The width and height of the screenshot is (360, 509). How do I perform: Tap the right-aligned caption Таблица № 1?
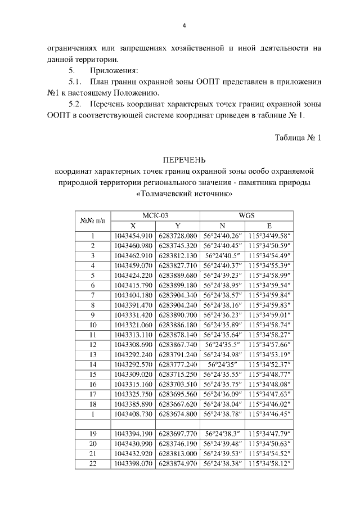point(298,138)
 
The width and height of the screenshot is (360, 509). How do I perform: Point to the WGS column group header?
point(246,215)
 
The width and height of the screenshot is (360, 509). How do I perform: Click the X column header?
point(133,225)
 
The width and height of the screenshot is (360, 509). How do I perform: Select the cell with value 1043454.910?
point(133,235)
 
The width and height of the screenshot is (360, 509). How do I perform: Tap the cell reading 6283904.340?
point(178,294)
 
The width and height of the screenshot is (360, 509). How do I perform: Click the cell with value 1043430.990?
point(133,443)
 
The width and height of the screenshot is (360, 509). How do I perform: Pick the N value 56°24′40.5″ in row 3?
point(223,255)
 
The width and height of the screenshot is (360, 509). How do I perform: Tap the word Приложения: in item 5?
point(114,70)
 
